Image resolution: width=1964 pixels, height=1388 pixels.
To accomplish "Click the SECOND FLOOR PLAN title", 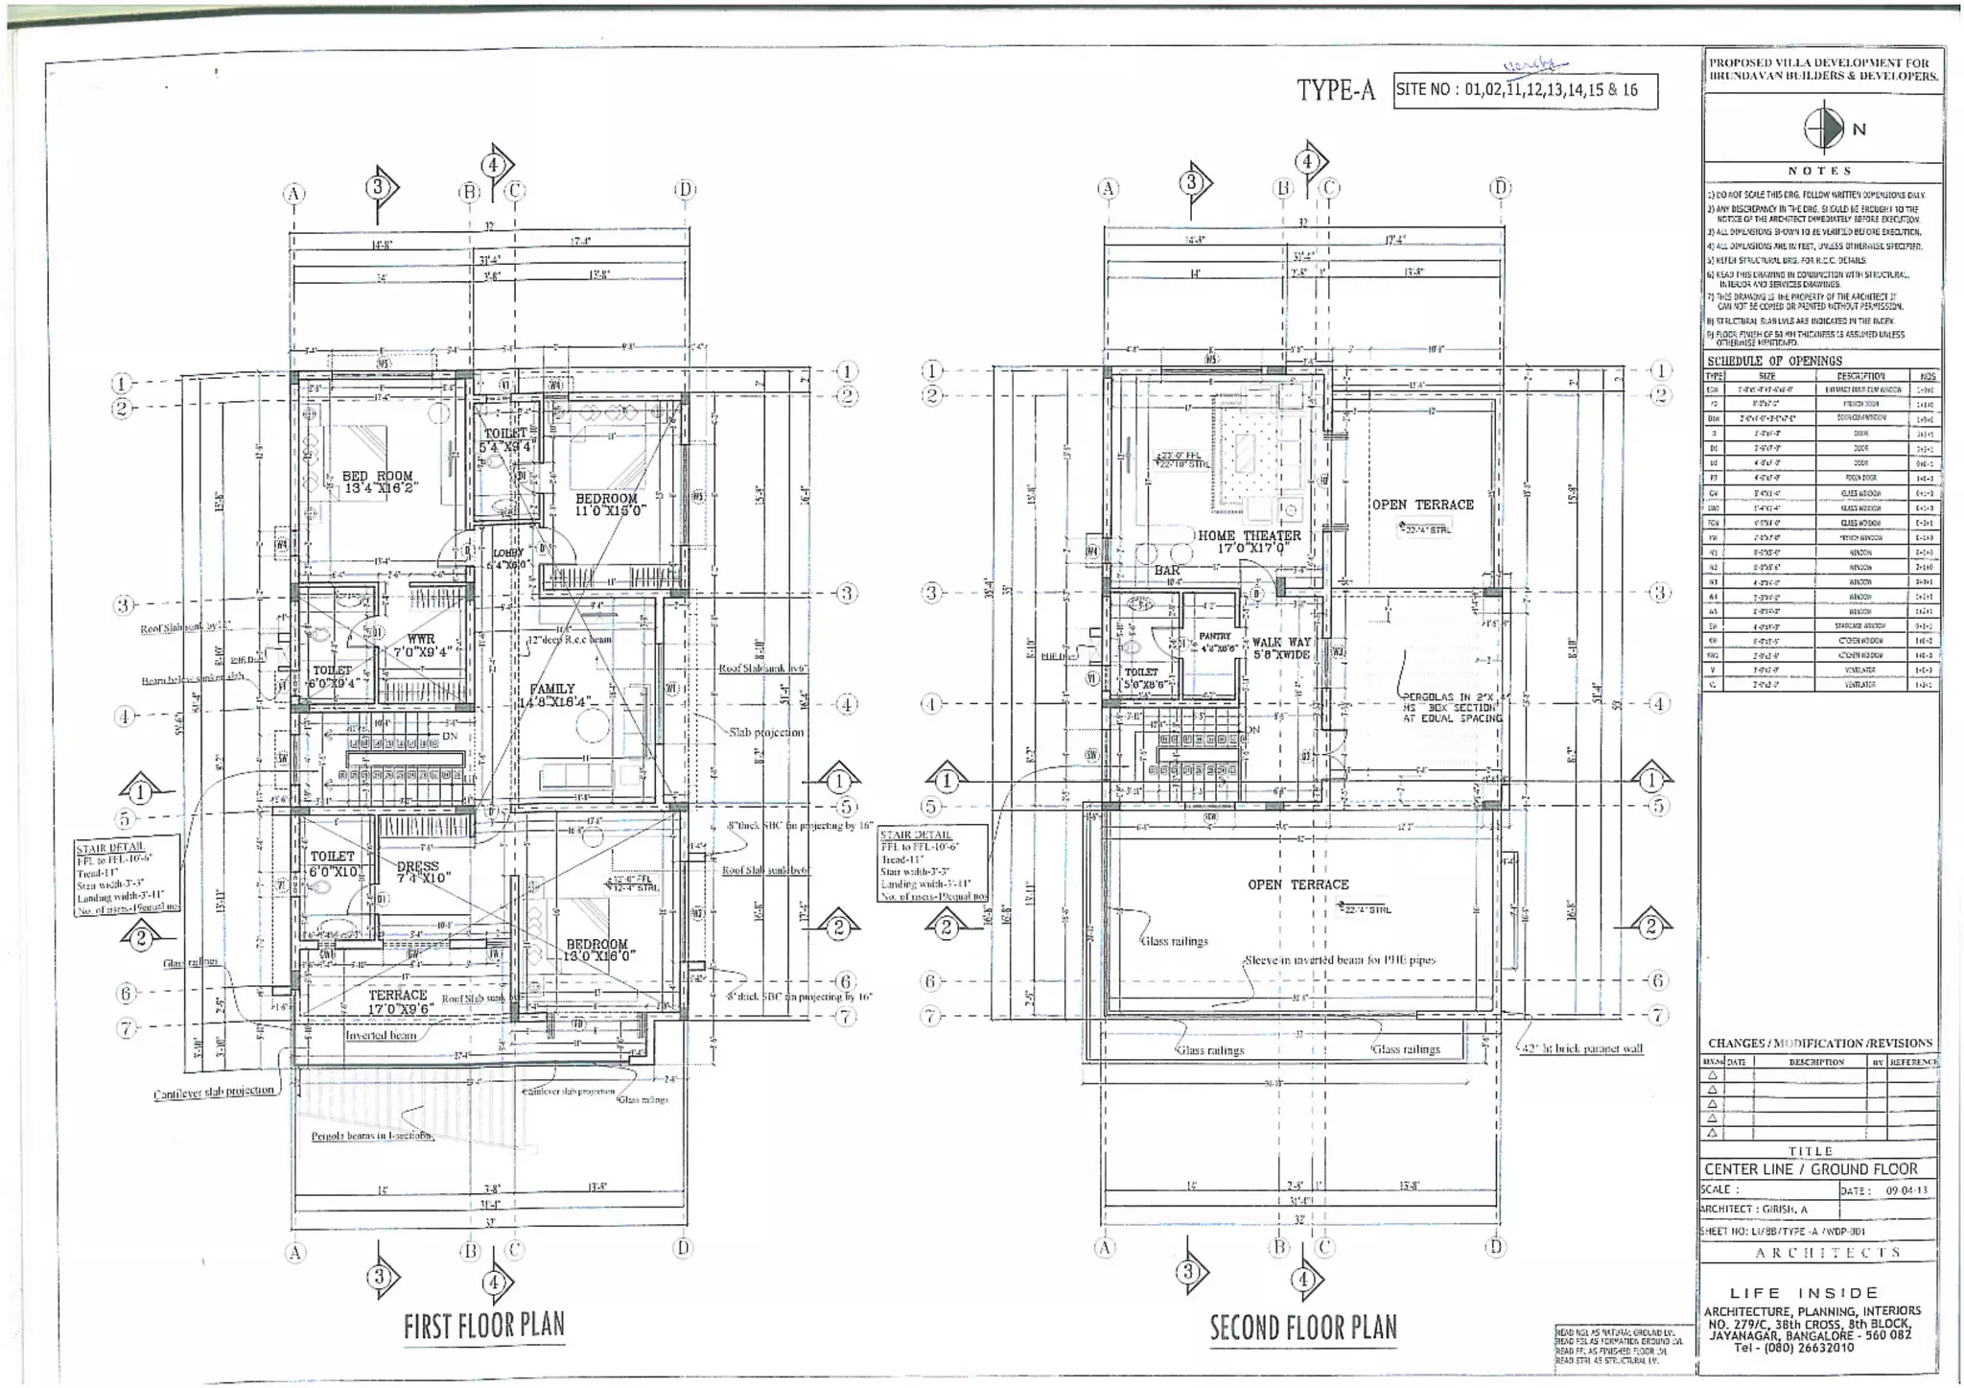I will click(x=1302, y=1328).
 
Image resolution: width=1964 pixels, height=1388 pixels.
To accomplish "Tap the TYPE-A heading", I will click(x=1335, y=90).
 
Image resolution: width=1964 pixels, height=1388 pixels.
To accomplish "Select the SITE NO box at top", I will click(x=1525, y=90).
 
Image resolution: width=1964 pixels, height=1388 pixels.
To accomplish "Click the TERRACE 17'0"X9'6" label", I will click(x=398, y=1001).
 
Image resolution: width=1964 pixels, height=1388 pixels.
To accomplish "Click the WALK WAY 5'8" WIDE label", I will click(x=1280, y=647).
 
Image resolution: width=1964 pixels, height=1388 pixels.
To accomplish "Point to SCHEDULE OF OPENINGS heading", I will click(x=1774, y=361).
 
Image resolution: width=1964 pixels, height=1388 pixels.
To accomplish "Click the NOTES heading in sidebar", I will click(x=1819, y=171).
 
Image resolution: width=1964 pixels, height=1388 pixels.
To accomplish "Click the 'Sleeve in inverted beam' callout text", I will click(x=1340, y=959).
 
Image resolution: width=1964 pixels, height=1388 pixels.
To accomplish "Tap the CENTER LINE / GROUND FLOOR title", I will click(x=1811, y=1169).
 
